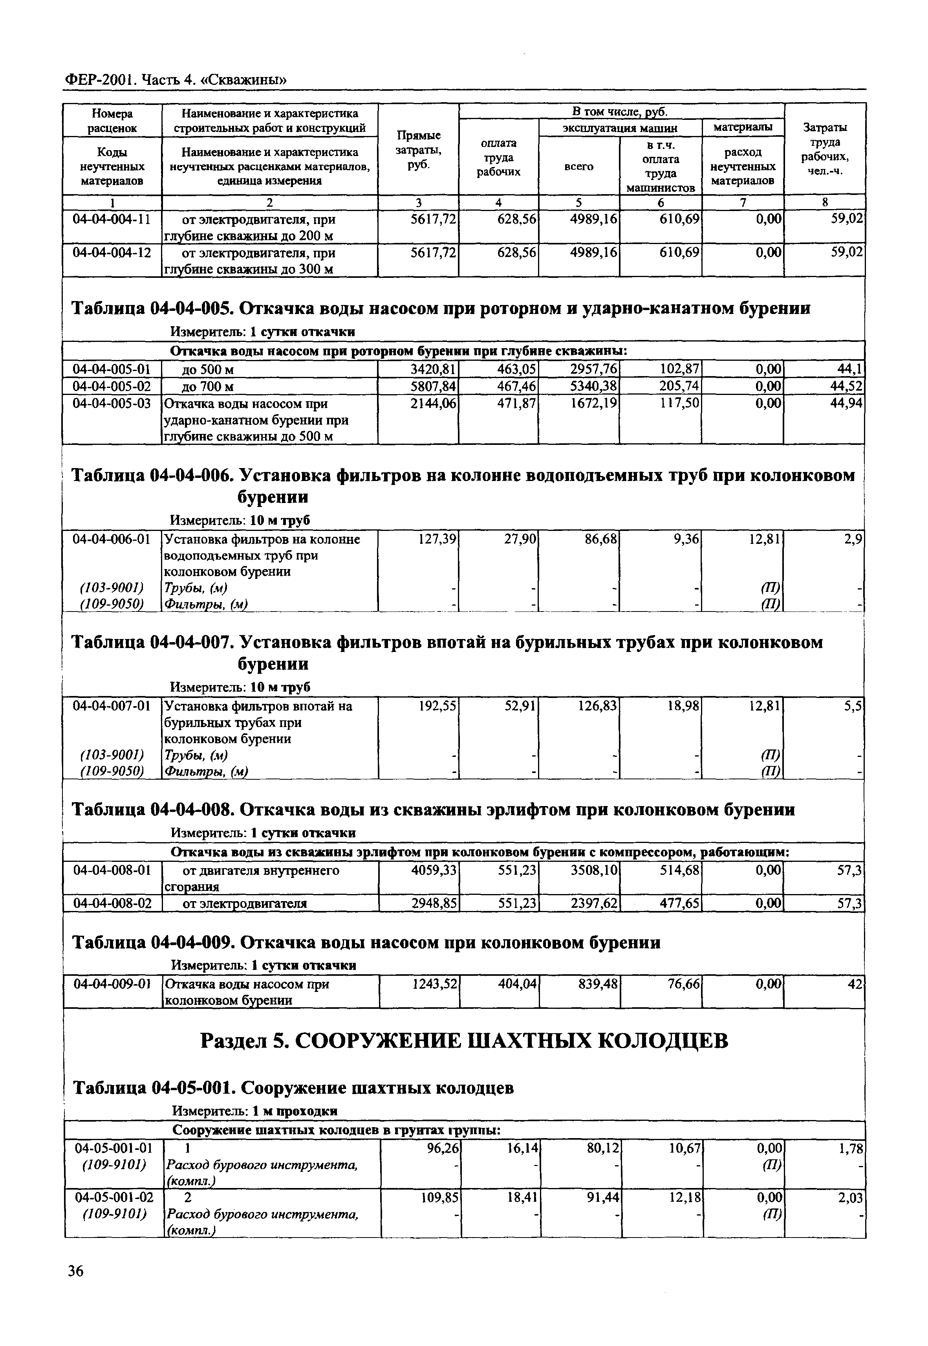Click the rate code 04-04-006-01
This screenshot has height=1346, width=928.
(112, 539)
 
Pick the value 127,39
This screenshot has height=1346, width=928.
(437, 539)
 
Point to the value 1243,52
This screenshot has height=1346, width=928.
(434, 984)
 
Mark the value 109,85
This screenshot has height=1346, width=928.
(439, 1198)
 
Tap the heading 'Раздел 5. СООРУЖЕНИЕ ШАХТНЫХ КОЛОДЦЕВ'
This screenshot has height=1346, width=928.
(463, 1041)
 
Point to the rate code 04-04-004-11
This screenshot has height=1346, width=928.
(112, 220)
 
